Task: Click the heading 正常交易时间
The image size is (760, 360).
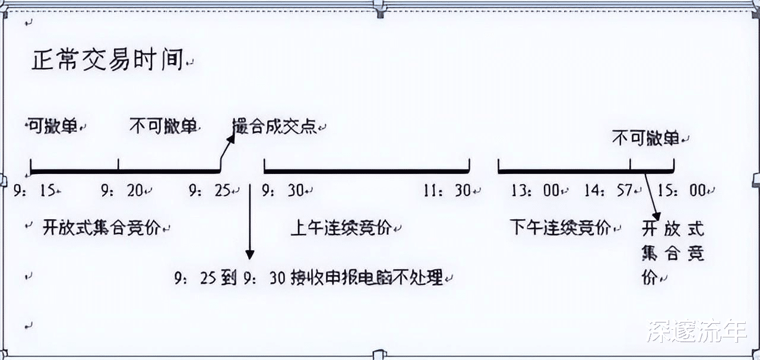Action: coord(107,61)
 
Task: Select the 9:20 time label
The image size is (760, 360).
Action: coord(123,191)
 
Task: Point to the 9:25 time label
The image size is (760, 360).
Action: coord(211,191)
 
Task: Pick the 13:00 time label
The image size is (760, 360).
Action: coord(535,191)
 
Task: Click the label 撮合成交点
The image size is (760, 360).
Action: coord(274,126)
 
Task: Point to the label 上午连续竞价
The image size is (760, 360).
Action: coord(341,228)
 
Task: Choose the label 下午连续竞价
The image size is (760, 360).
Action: coord(560,227)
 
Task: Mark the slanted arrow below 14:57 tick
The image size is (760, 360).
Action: coord(652,196)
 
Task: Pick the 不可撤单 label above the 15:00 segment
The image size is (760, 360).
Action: coord(645,139)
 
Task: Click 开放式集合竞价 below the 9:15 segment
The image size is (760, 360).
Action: coord(102,228)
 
